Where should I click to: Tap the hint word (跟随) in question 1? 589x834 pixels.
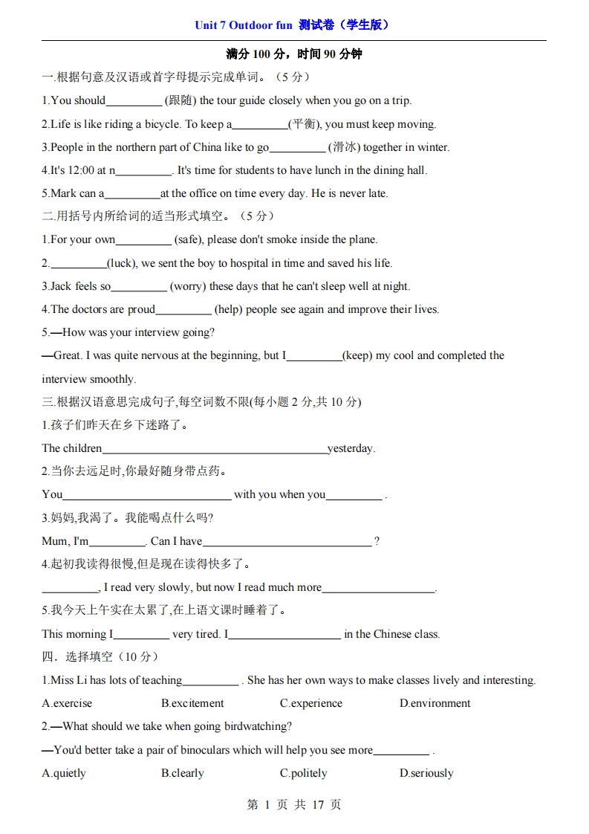180,100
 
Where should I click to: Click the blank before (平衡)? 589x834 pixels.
260,124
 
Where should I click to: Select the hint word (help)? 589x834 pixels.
230,309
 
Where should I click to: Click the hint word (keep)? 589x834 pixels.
357,355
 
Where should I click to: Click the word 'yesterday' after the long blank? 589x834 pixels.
351,448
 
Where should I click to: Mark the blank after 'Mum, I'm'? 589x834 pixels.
117,541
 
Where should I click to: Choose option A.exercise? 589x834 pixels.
68,703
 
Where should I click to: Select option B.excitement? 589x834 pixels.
192,703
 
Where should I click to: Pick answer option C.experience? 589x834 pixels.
311,703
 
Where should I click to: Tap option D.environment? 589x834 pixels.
435,703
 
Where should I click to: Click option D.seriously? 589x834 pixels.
426,773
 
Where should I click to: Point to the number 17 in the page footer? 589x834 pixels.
319,805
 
